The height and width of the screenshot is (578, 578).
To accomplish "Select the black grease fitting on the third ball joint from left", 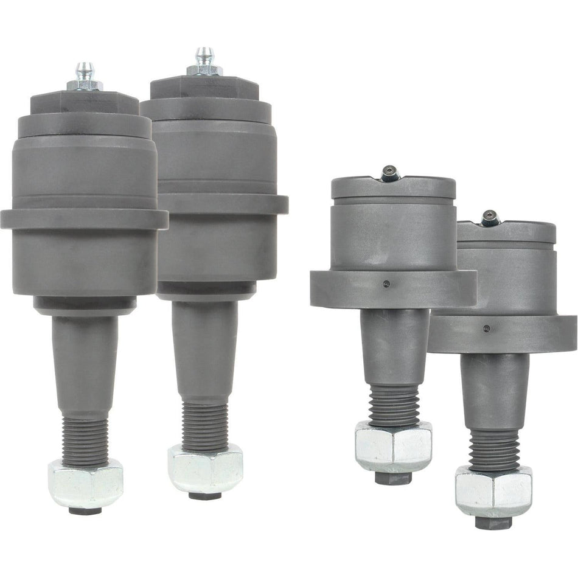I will click(390, 175).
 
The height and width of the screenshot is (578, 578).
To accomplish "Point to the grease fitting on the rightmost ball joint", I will click(490, 218).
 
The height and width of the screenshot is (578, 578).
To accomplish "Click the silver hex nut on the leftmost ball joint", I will click(86, 483).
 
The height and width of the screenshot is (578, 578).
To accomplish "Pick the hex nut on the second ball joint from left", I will click(205, 468).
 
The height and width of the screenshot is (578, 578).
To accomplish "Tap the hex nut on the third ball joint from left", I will click(393, 447).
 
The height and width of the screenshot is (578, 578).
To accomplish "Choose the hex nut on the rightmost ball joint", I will click(493, 490).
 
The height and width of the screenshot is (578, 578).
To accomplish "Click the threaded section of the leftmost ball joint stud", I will click(85, 441).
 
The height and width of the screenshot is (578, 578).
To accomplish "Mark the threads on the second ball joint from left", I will click(205, 426).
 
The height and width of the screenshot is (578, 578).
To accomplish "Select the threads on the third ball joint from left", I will click(392, 405).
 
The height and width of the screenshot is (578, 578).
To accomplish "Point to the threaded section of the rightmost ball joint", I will click(493, 450).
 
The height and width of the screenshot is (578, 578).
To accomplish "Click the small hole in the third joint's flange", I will click(386, 283).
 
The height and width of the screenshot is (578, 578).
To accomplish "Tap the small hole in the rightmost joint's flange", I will click(486, 329).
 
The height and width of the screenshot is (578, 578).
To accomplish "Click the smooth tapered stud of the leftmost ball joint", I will click(85, 365).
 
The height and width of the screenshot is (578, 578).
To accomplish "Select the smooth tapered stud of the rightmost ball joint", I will click(494, 389).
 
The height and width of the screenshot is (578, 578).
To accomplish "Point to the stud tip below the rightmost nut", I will click(492, 521).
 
